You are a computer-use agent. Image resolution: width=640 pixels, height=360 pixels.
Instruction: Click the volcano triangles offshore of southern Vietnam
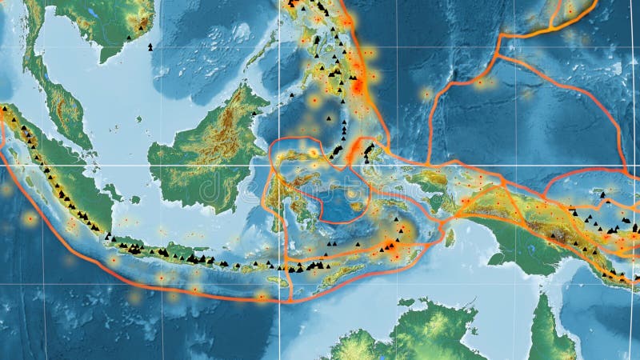[150, 46]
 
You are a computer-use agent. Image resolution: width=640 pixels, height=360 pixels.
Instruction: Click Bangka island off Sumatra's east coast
[113, 192]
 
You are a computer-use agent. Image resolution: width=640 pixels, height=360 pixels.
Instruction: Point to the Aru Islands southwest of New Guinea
[448, 237]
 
